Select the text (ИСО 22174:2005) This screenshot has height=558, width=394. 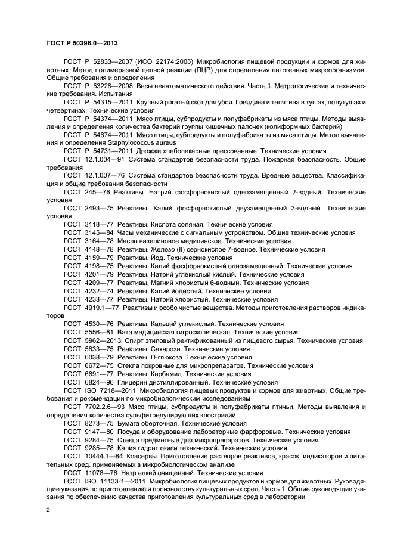coord(155,61)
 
